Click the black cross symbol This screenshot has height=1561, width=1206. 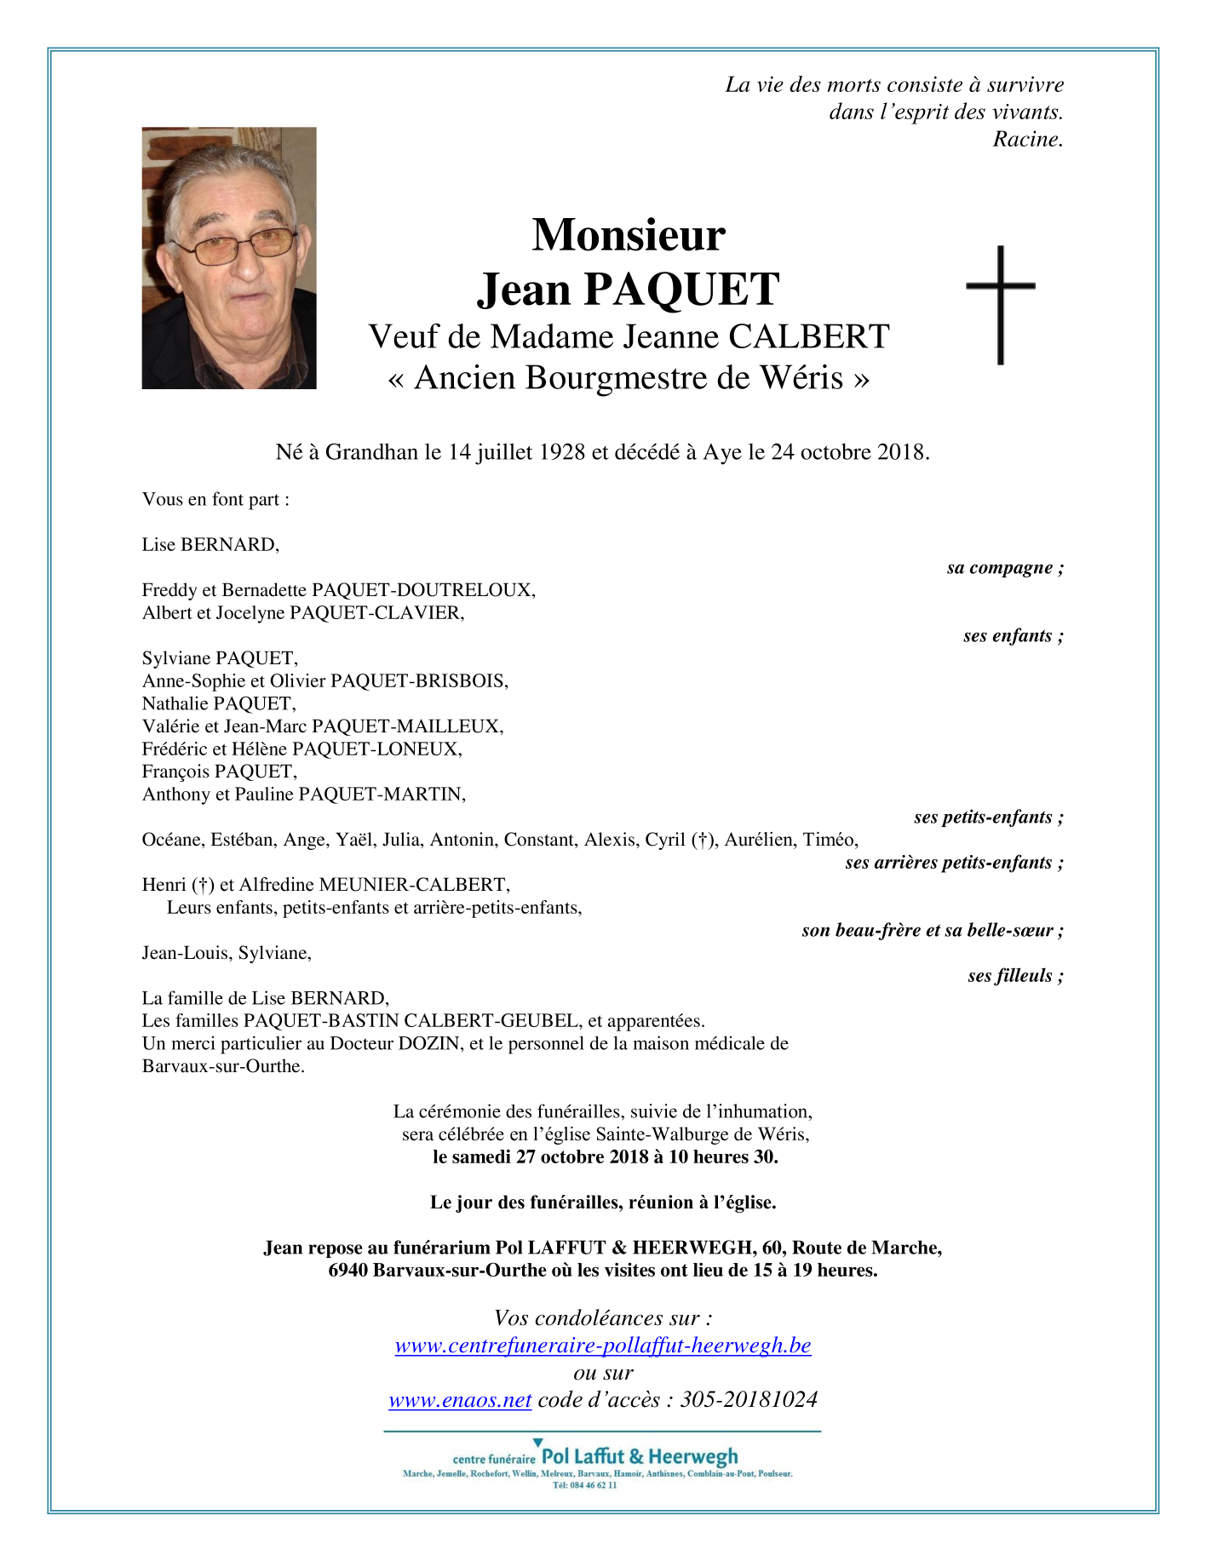click(1001, 304)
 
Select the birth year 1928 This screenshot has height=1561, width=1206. click(561, 452)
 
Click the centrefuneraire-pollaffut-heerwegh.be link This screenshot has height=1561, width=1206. click(603, 1346)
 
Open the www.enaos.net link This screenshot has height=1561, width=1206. click(460, 1400)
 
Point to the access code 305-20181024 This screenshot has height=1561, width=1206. click(749, 1400)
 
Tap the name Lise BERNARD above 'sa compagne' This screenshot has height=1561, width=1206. click(210, 545)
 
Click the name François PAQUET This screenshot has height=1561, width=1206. click(219, 772)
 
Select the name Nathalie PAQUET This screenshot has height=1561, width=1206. click(218, 703)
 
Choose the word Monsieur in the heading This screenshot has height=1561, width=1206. click(629, 235)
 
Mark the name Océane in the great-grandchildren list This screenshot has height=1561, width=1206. click(172, 840)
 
